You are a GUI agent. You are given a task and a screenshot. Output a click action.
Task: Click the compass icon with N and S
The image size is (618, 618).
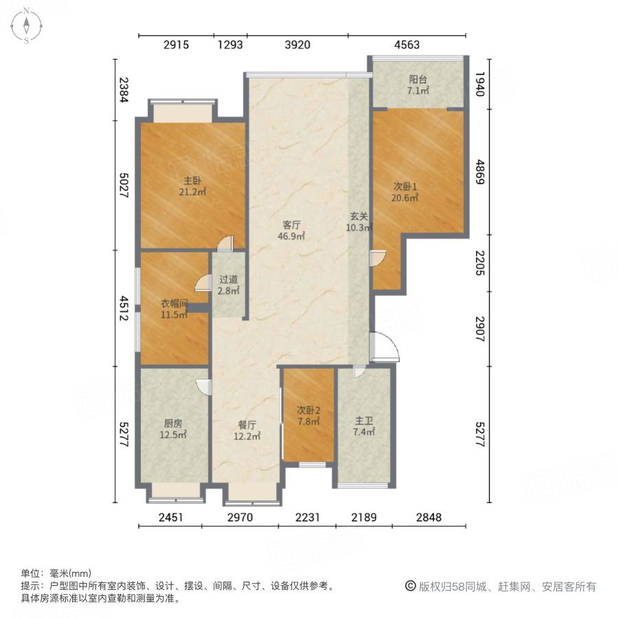tap(26, 25)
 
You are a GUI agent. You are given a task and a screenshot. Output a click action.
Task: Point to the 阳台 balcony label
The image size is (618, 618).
tap(417, 84)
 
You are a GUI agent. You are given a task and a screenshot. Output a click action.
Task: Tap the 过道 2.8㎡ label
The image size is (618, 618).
tap(229, 285)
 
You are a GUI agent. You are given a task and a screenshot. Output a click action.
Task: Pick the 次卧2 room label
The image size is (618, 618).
tap(308, 416)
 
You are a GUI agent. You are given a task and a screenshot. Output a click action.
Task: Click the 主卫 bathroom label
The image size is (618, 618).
tap(364, 426)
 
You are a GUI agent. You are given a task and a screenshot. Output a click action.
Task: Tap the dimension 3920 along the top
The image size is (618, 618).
tap(297, 45)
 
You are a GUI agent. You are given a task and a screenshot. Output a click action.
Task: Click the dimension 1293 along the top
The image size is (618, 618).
tap(231, 45)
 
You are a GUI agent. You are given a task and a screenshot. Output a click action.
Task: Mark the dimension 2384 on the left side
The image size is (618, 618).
tap(124, 90)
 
